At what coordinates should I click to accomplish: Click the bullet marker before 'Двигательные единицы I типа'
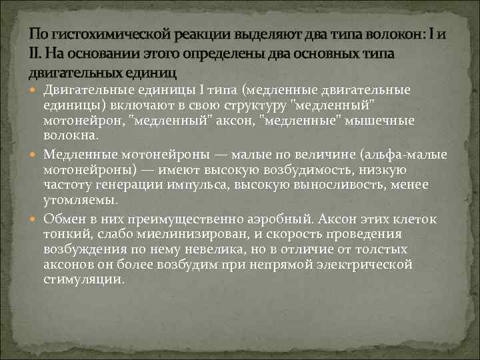(x=35, y=90)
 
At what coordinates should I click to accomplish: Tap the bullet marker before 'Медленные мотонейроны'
(x=35, y=154)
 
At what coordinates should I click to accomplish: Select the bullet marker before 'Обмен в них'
(x=35, y=218)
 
